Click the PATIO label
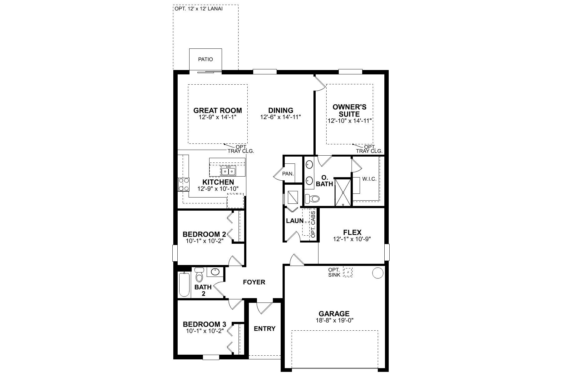click(205, 59)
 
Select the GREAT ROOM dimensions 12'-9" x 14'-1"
click(218, 117)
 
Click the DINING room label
click(281, 110)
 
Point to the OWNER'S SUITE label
click(349, 110)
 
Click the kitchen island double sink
click(228, 171)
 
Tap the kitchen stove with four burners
click(184, 184)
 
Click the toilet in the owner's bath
click(313, 198)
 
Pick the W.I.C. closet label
click(369, 179)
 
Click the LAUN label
click(294, 221)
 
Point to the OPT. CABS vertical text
click(313, 224)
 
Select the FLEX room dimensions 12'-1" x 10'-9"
click(352, 239)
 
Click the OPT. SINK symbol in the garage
click(348, 272)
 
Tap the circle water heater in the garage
click(377, 273)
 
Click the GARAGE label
click(334, 313)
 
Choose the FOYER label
click(254, 282)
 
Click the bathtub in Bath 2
click(184, 284)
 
